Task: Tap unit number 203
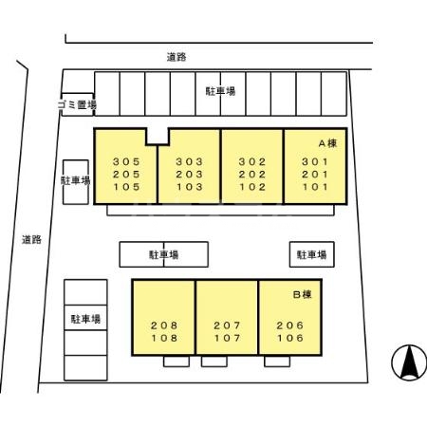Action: (188, 174)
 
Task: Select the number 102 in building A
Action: (251, 187)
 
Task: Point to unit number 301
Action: (314, 160)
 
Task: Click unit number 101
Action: (314, 187)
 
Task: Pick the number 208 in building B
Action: (163, 325)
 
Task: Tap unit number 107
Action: (227, 338)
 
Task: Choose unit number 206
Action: (290, 325)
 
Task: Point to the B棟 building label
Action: (303, 295)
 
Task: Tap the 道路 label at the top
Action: (174, 57)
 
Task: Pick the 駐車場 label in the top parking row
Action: (220, 91)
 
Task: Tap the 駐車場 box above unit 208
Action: (163, 254)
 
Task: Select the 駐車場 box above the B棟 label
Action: (310, 254)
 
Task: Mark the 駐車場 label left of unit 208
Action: (84, 318)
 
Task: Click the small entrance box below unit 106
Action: (277, 362)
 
